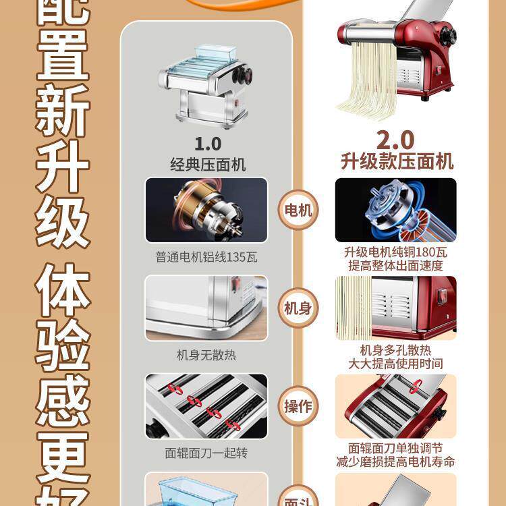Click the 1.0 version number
(x=208, y=143)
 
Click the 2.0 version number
(x=395, y=140)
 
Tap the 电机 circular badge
(x=298, y=210)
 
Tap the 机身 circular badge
(x=298, y=308)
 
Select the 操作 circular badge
(x=298, y=406)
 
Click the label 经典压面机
(x=208, y=164)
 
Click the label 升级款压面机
(x=396, y=162)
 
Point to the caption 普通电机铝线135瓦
(x=206, y=257)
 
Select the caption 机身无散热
(x=206, y=355)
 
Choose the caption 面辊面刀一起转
(x=206, y=453)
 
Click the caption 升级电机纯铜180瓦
(x=395, y=252)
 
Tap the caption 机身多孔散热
(x=395, y=350)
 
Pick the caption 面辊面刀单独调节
(x=395, y=447)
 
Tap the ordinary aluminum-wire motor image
(x=206, y=210)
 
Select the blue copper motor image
(x=395, y=210)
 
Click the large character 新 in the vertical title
(x=63, y=111)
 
